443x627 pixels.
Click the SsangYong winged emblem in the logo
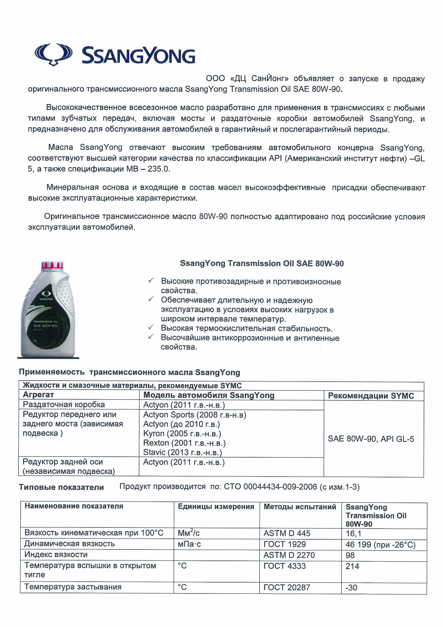54,54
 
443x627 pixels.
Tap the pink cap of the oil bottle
52,265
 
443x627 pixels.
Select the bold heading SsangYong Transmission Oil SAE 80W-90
262,264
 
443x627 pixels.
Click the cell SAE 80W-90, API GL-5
371,439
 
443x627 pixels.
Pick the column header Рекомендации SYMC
371,396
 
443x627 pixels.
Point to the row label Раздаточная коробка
63,404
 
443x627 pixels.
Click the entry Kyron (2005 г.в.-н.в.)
182,433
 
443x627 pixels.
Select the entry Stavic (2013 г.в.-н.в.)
182,452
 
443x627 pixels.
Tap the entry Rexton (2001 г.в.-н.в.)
184,443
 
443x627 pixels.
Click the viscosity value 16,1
353,533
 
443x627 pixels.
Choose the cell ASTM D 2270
289,555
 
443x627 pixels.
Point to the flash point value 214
352,566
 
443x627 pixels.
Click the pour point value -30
351,587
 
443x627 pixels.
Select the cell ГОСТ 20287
287,587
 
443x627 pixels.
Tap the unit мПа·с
189,544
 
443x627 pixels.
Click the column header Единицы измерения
216,507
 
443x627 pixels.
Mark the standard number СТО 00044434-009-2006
270,487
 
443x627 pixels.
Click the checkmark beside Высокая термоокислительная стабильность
151,327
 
